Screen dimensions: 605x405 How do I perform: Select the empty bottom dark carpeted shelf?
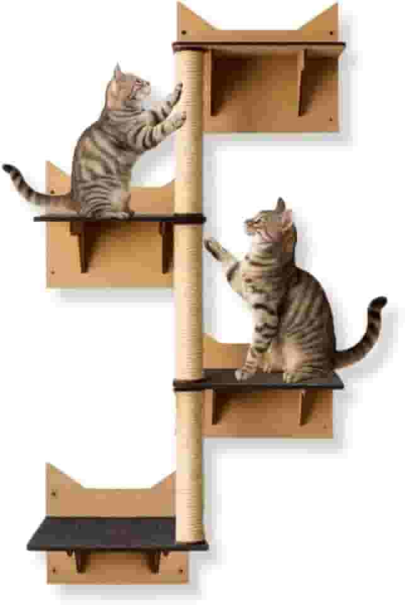pos(101,533)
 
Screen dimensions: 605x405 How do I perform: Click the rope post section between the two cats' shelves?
pos(189,296)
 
